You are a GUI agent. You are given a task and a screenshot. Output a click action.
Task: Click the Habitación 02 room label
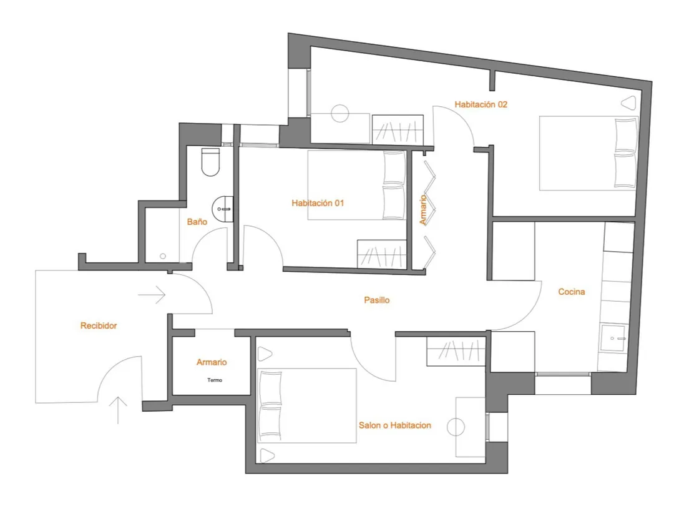coord(481,104)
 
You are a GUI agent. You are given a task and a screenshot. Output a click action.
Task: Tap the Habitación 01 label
coord(318,203)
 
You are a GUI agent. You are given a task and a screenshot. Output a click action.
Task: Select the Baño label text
coord(197,222)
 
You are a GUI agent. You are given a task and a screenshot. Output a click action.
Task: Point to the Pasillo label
coord(376,300)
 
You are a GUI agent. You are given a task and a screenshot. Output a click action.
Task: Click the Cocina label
coord(571,292)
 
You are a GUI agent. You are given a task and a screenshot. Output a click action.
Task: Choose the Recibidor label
coord(99,325)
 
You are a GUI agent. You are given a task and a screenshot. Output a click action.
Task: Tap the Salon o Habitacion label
coord(394,425)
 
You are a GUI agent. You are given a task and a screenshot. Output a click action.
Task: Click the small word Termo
coord(215,380)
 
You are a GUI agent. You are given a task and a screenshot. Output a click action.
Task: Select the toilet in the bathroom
coord(211,162)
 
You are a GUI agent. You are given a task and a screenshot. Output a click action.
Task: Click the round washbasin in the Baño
coord(223,209)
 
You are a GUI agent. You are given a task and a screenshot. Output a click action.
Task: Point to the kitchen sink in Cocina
coord(613,338)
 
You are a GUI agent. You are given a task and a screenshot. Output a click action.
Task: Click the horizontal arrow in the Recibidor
coord(152,295)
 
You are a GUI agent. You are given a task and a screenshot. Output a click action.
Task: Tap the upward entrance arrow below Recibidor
coord(118,410)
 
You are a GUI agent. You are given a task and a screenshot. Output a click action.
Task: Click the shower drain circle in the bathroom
coord(162,257)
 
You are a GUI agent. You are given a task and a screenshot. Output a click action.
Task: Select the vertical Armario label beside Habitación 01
coord(423,209)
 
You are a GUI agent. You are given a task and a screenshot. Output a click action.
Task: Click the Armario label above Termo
coord(212,362)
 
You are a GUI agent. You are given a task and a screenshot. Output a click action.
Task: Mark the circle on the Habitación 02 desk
coord(340,114)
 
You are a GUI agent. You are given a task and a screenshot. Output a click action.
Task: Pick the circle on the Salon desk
coord(456,427)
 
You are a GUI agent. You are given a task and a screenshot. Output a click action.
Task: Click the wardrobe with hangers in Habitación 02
coord(398,129)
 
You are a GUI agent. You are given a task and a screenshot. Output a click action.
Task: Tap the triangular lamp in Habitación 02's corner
coord(629,102)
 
